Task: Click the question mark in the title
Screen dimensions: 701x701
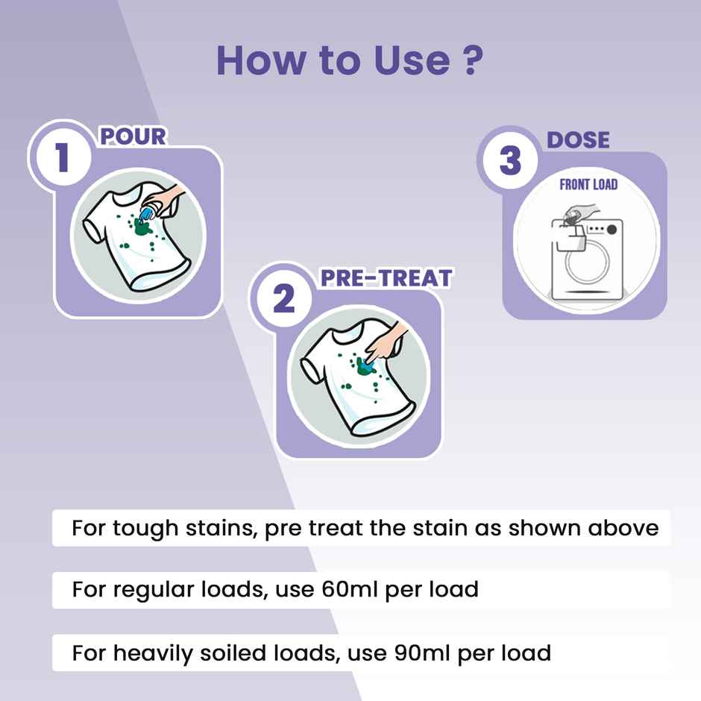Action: [x=471, y=60]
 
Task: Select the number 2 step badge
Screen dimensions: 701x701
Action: [x=283, y=298]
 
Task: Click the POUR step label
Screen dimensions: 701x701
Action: [x=133, y=136]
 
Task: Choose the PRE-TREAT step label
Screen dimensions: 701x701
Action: [x=386, y=277]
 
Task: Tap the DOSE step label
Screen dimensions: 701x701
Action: [x=578, y=140]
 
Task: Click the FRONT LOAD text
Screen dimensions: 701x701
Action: [x=588, y=184]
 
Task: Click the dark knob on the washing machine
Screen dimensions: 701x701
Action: [x=612, y=230]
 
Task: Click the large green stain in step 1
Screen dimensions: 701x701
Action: [x=142, y=228]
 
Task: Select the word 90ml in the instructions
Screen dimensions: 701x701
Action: [x=421, y=653]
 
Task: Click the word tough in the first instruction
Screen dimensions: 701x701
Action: [x=145, y=529]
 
